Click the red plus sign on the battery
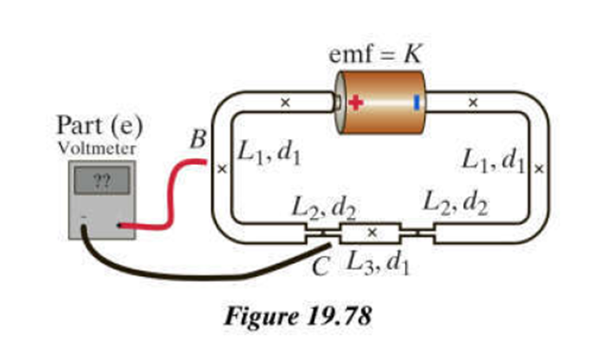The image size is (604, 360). [x=356, y=103]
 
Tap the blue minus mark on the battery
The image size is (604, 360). [x=416, y=103]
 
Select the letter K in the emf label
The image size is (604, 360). [x=413, y=54]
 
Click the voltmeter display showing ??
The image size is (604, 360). [x=102, y=180]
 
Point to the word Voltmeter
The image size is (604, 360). [x=96, y=149]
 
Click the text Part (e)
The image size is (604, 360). [x=99, y=126]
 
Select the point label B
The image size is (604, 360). [x=198, y=139]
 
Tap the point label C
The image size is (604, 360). [x=320, y=266]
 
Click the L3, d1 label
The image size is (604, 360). [x=377, y=264]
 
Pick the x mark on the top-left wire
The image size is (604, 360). [x=285, y=103]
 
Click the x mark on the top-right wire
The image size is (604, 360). [x=473, y=103]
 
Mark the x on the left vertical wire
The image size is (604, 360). [x=222, y=169]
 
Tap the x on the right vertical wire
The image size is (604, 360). [x=539, y=169]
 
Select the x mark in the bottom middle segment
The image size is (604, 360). [x=372, y=232]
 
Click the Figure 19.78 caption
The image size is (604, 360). [x=298, y=316]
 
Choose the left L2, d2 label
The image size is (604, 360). [x=324, y=209]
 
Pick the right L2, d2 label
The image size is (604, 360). [x=455, y=203]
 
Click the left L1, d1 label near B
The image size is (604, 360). [x=269, y=152]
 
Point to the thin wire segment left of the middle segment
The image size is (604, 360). [x=323, y=233]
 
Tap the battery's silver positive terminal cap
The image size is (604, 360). [x=337, y=103]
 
